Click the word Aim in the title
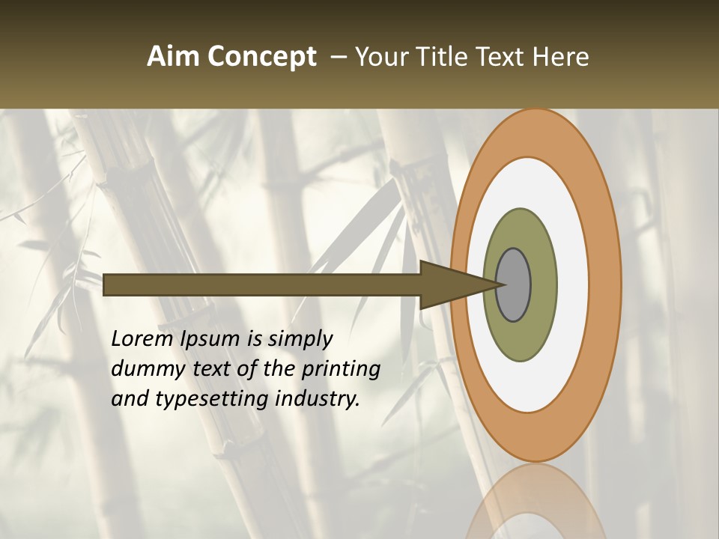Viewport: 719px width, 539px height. coord(174,56)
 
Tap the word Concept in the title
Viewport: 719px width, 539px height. coord(261,58)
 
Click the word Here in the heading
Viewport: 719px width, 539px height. coord(560,56)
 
